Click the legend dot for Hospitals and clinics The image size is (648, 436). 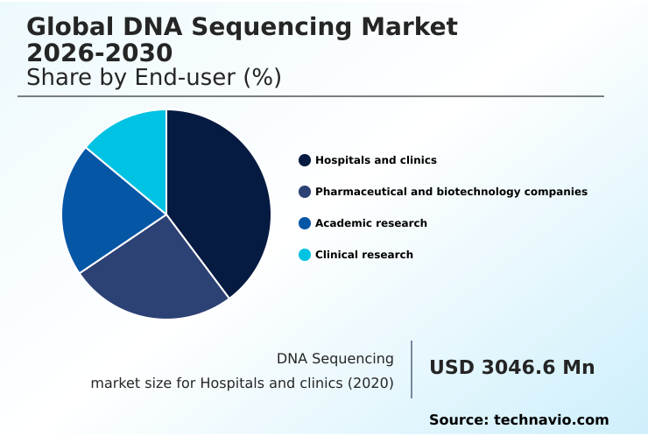coord(305,160)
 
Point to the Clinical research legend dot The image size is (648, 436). coord(305,255)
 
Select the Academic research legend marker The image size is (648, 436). coord(305,223)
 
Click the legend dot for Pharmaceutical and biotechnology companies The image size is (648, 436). coord(305,192)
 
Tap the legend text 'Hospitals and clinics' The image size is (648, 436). coord(376,160)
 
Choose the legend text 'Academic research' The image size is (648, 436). coord(371,223)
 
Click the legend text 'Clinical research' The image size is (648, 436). coord(364,255)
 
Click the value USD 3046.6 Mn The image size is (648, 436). coord(511,368)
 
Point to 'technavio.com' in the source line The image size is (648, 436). coord(551,420)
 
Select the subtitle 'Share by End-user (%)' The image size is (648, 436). coord(153,78)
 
